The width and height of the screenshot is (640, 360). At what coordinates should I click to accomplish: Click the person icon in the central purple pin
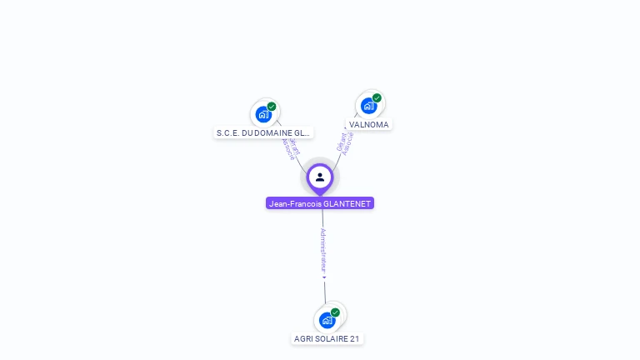[x=320, y=177]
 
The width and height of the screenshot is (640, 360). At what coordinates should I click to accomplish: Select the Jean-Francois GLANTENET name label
[x=320, y=203]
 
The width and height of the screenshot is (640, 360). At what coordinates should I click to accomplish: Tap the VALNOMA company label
[x=368, y=125]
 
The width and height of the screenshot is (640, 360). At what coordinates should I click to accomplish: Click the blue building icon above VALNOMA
[x=368, y=106]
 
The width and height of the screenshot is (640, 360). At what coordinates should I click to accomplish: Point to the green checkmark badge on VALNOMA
[x=377, y=97]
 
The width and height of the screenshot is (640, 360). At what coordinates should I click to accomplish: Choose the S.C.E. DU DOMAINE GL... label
[x=263, y=132]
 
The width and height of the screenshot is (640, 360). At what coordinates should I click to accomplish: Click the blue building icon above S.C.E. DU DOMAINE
[x=263, y=114]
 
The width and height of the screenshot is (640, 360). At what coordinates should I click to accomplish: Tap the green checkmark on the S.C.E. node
[x=272, y=107]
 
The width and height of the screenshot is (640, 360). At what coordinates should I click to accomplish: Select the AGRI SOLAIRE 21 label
[x=327, y=339]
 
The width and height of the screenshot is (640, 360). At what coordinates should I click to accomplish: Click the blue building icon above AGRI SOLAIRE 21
[x=327, y=320]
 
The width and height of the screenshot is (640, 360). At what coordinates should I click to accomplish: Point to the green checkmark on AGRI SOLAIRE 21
[x=335, y=312]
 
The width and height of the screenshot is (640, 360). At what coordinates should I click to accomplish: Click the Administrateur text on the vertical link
[x=323, y=249]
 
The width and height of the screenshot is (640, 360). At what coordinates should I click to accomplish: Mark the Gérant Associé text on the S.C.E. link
[x=290, y=147]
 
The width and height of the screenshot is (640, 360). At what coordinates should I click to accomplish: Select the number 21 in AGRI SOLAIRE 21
[x=355, y=339]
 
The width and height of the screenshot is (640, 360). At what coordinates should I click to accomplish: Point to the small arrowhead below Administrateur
[x=324, y=277]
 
